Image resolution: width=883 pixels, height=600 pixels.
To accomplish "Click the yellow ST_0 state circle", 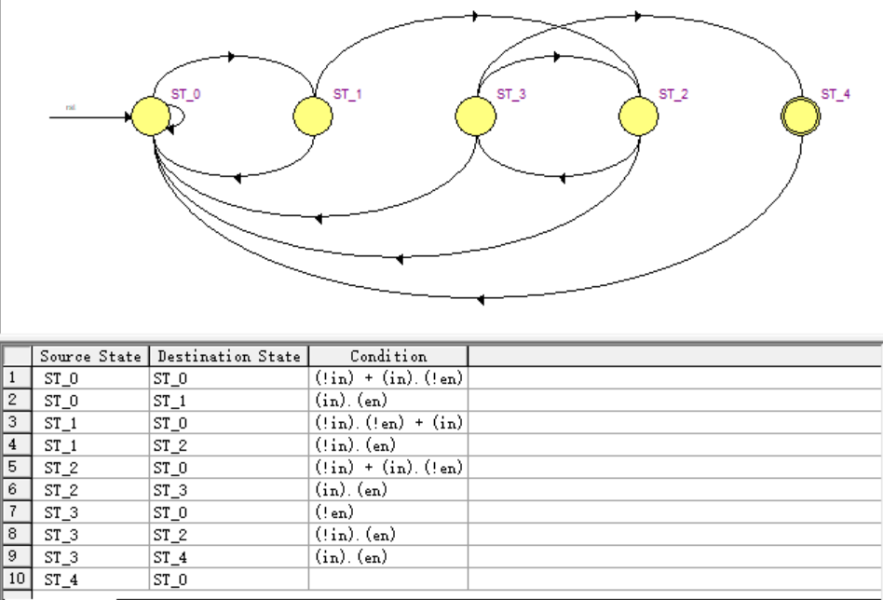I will pos(150,116).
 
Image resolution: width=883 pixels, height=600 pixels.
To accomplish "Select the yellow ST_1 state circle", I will pos(313,116).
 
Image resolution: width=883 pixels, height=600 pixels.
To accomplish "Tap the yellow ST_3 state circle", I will pos(475,116).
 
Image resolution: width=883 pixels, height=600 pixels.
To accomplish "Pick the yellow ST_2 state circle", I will pos(639,116).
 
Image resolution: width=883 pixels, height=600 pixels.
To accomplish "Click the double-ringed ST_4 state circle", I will pos(800,116).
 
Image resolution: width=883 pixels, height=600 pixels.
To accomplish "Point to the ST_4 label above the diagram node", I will pos(835,94).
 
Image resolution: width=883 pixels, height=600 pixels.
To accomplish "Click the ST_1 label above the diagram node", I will pos(347,94).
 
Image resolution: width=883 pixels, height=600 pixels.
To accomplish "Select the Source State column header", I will pos(90,356).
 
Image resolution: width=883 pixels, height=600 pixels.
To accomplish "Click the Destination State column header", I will pos(228,356).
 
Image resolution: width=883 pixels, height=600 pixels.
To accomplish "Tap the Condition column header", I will pos(388,356).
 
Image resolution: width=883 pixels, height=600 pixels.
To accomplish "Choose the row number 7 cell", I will pos(14,512).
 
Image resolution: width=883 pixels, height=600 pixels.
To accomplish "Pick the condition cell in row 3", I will pos(388,423).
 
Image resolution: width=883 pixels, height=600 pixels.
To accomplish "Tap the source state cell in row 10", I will pos(61,580).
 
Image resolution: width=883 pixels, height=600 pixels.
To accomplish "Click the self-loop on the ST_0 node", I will pos(180,116).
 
